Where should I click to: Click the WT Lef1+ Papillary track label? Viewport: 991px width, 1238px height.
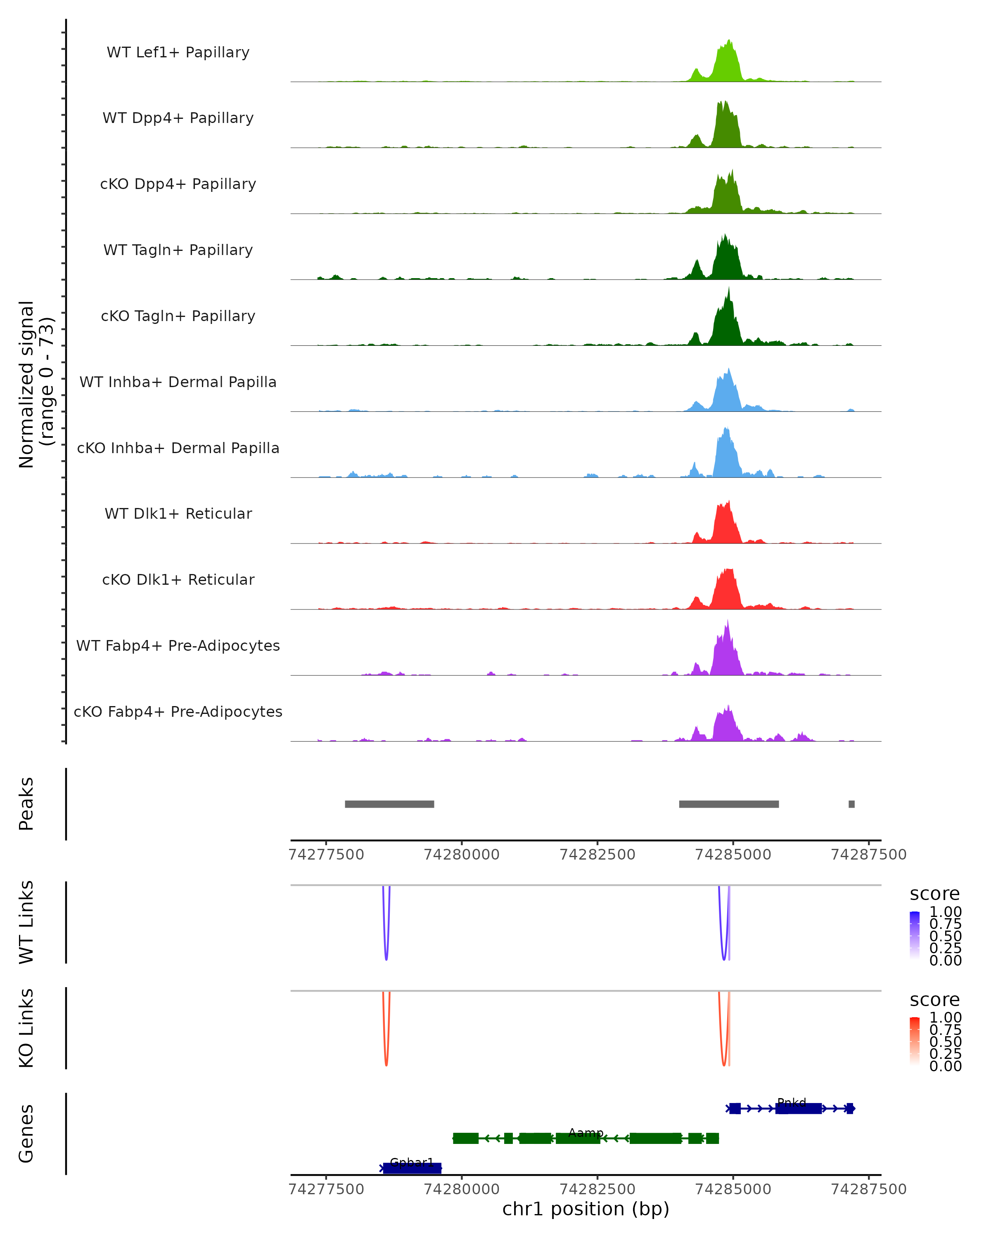tap(178, 52)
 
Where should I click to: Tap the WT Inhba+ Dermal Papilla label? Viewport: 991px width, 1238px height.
tap(178, 382)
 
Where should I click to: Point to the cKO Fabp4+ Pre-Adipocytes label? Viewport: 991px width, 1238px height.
tap(178, 711)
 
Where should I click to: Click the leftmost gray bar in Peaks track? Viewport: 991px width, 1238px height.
tap(389, 804)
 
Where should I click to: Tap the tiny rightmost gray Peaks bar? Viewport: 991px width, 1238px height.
tap(851, 804)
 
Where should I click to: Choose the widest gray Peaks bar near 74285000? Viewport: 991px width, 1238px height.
tap(728, 804)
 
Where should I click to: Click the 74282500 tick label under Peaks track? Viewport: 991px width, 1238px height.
tap(597, 855)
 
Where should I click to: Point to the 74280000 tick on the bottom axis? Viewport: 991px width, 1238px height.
tap(461, 1188)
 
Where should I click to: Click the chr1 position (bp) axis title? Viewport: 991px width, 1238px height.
tap(586, 1209)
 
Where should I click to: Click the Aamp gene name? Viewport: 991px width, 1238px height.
tap(586, 1132)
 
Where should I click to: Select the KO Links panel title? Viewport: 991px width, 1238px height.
tap(26, 1028)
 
